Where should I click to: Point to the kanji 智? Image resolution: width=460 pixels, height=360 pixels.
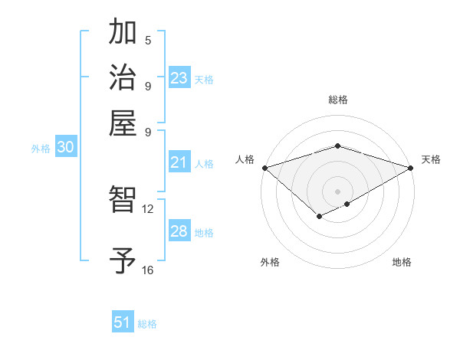(123, 201)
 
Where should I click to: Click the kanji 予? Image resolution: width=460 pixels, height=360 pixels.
(123, 260)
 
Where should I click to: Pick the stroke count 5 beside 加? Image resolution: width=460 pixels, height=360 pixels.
(148, 41)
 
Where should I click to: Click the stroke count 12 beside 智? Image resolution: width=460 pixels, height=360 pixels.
(147, 208)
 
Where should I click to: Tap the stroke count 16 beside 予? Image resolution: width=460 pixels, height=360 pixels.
(147, 270)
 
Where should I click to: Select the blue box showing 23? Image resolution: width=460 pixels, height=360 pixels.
(179, 77)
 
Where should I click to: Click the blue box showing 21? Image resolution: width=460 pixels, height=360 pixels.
(179, 162)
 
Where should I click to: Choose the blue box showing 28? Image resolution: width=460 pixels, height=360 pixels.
(179, 231)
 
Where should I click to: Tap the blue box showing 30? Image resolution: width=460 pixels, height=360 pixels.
(65, 148)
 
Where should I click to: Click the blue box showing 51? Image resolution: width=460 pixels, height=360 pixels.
(123, 322)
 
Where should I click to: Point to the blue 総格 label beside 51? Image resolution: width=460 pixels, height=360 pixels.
(147, 324)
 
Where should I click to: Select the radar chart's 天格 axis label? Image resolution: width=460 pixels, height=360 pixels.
(431, 159)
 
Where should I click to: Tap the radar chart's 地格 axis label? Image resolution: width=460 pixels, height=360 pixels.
(402, 262)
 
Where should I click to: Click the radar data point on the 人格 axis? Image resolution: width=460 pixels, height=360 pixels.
(264, 167)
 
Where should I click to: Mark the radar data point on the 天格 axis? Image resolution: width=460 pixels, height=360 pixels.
(411, 167)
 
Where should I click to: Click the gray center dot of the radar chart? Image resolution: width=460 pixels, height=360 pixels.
(337, 190)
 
